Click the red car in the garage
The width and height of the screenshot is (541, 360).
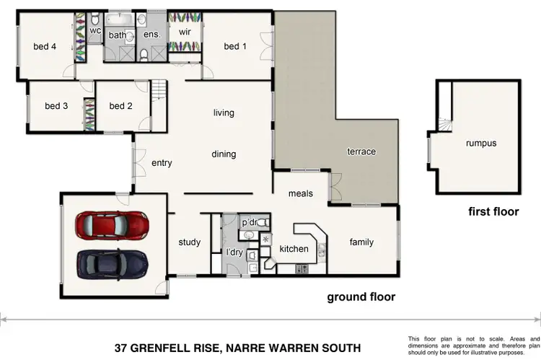(113, 225)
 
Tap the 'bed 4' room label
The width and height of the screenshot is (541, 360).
(45, 47)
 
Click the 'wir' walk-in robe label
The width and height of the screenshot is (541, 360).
(184, 32)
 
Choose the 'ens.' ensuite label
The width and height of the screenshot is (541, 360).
(151, 35)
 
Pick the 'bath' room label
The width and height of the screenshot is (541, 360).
(118, 35)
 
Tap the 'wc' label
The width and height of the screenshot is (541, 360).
(95, 30)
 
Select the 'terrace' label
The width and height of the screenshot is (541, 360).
(361, 152)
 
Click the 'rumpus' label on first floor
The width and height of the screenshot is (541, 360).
(481, 143)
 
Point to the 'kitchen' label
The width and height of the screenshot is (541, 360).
(294, 249)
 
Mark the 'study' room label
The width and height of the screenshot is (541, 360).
(190, 242)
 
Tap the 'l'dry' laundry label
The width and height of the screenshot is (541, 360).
(234, 253)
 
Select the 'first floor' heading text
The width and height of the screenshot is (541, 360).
(493, 212)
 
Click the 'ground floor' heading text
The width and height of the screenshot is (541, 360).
(361, 297)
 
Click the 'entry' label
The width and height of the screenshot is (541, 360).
(162, 163)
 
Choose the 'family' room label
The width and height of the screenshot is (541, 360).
(361, 242)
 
